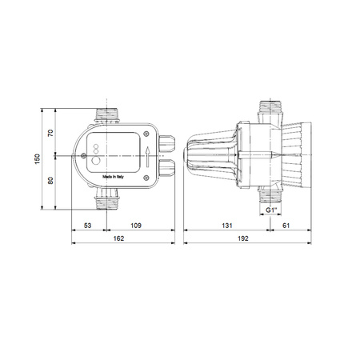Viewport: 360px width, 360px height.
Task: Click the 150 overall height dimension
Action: (x=38, y=159)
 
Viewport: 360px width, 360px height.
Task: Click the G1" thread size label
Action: (x=273, y=211)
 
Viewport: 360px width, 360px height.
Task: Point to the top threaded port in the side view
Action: (x=272, y=110)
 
